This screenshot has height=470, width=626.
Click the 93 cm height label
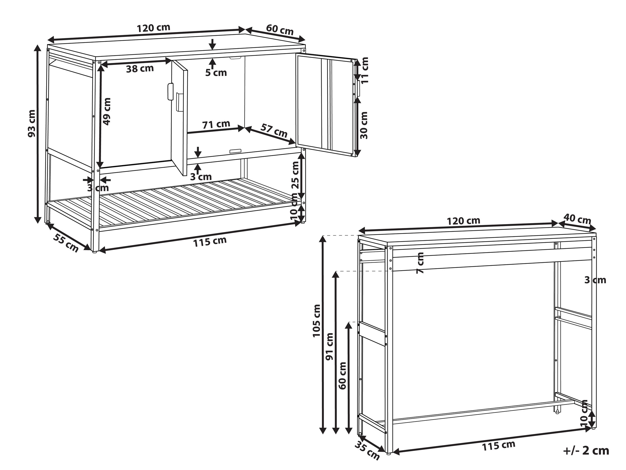tap(32, 123)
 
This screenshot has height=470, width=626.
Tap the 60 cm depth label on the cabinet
tap(280, 30)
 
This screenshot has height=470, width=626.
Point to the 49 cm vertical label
tap(107, 111)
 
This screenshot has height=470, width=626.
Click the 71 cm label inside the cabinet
tap(216, 124)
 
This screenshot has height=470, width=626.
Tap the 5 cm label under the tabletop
tap(216, 73)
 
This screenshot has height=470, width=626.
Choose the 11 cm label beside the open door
tap(365, 70)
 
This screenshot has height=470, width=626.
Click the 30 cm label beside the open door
tap(364, 125)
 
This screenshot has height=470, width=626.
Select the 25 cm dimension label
tap(295, 175)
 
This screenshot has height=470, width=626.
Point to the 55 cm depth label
tap(66, 243)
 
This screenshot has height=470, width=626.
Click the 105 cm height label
tap(316, 321)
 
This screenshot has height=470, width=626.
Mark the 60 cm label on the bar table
tap(342, 375)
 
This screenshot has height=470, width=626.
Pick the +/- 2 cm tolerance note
tap(586, 451)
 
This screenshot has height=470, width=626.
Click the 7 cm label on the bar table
tap(420, 263)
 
